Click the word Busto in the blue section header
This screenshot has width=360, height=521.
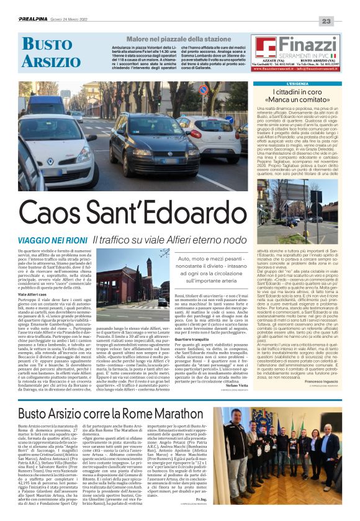click(47, 43)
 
